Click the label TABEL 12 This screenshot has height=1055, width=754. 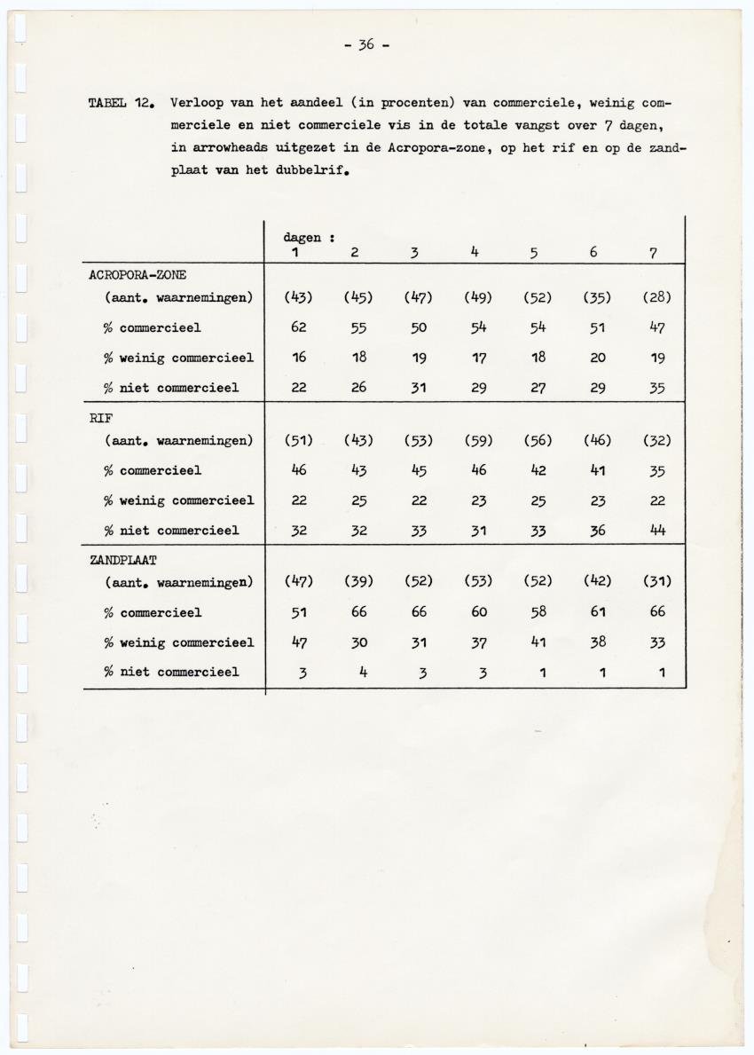tap(122, 103)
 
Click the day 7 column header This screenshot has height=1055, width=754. tap(652, 253)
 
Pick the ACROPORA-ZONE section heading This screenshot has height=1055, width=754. tap(137, 275)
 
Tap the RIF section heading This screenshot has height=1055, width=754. tap(99, 417)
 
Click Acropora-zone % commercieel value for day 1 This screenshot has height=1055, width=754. tap(298, 327)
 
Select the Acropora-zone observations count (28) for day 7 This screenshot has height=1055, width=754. tap(656, 297)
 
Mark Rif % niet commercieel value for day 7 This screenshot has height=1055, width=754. tap(656, 531)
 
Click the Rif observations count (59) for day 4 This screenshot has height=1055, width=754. tap(478, 440)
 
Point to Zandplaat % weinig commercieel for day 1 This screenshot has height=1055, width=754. tap(298, 642)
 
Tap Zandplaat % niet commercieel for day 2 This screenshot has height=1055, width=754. tap(358, 672)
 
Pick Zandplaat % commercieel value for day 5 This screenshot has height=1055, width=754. tap(538, 612)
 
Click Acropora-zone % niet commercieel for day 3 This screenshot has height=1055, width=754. tap(418, 388)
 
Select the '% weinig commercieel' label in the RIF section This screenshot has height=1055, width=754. tap(179, 500)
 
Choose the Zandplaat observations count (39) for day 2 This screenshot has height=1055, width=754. tap(358, 582)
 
